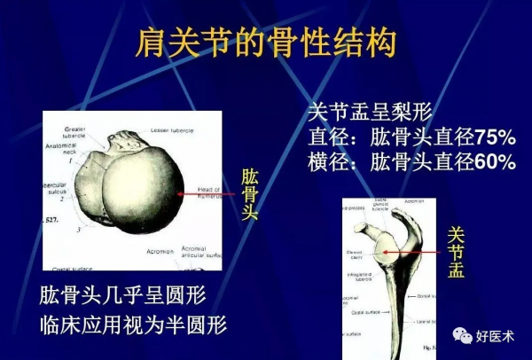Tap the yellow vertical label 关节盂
tap(456, 251)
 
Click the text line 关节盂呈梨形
tap(369, 113)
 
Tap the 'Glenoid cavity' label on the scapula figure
tap(355, 254)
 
